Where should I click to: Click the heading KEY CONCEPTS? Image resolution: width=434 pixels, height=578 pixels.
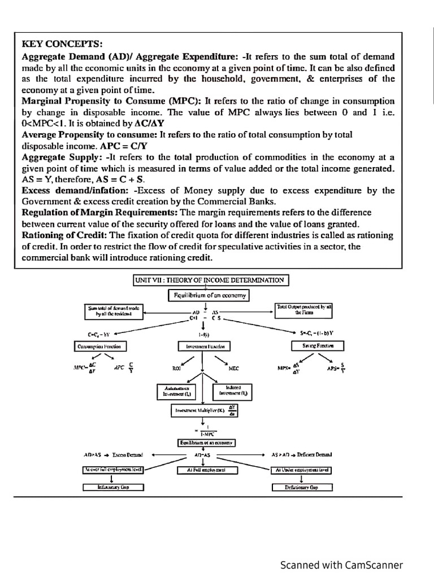55,43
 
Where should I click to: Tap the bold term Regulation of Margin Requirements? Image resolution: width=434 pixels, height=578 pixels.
99,212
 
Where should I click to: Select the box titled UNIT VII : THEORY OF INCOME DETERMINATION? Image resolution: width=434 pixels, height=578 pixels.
211,280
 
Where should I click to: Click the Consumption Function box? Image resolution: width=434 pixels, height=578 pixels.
99,345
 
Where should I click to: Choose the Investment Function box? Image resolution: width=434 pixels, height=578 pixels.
202,345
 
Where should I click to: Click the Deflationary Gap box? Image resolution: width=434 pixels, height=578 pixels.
302,487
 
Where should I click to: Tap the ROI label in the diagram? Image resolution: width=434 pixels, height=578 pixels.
176,368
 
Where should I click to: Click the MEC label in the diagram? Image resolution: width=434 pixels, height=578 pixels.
233,368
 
